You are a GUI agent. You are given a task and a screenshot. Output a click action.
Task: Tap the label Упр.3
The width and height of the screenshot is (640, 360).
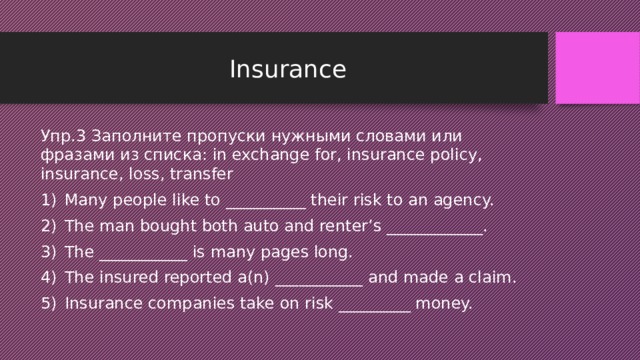click(x=63, y=135)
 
